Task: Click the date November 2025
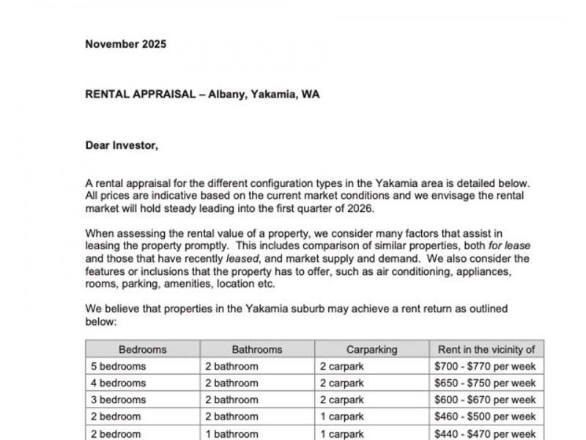tap(125, 44)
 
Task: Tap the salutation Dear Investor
tap(122, 145)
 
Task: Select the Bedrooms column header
tap(143, 350)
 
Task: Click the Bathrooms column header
tap(257, 350)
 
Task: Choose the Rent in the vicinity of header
tap(486, 350)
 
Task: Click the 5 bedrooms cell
tap(119, 366)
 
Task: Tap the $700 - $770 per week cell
tap(486, 366)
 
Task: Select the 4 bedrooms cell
tap(119, 383)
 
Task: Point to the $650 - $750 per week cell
tap(486, 383)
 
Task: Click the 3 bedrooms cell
tap(119, 400)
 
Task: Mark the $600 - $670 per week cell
tap(486, 400)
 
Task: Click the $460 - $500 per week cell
tap(486, 417)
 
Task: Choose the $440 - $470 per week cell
tap(486, 433)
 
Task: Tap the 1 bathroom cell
tap(231, 433)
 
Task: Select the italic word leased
tap(244, 259)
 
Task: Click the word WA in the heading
tap(311, 95)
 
